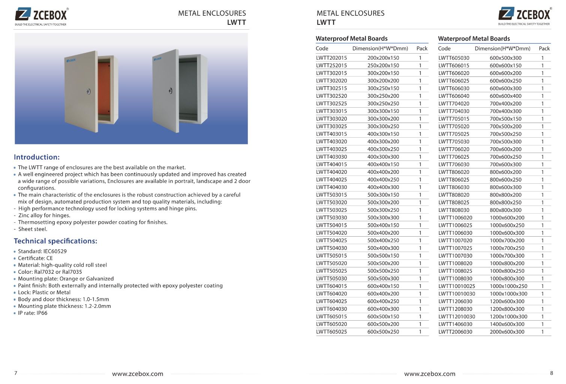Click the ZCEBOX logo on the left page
pyautogui.click(x=41, y=16)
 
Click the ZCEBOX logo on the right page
pyautogui.click(x=525, y=15)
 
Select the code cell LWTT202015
pyautogui.click(x=331, y=58)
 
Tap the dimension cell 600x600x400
pyautogui.click(x=505, y=96)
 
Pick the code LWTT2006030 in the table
pyautogui.click(x=455, y=332)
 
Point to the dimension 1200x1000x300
pyautogui.click(x=508, y=316)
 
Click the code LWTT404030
pyautogui.click(x=331, y=187)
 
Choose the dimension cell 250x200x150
pyautogui.click(x=383, y=66)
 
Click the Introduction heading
pyautogui.click(x=37, y=157)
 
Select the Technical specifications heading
pyautogui.click(x=55, y=241)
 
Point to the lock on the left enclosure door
pyautogui.click(x=88, y=91)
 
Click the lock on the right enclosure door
pyautogui.click(x=171, y=91)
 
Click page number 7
pyautogui.click(x=16, y=373)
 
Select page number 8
pyautogui.click(x=551, y=373)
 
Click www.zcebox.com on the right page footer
pyautogui.click(x=430, y=374)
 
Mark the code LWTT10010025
pyautogui.click(x=457, y=286)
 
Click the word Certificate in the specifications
pyautogui.click(x=31, y=258)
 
